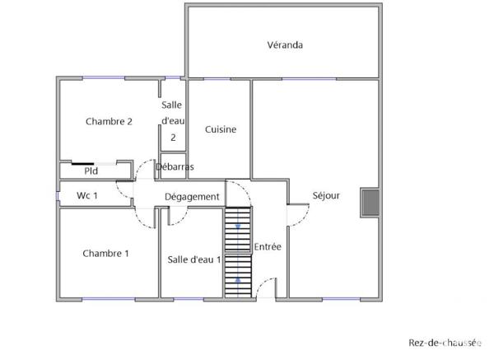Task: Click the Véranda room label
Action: [x=285, y=45]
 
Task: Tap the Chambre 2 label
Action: [x=109, y=122]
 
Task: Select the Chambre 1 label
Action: [x=105, y=254]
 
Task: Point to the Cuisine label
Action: [x=221, y=129]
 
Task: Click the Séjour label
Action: [x=326, y=196]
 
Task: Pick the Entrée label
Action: [x=268, y=246]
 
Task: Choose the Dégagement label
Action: [x=192, y=197]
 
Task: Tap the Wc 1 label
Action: [x=87, y=196]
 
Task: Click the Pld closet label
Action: [x=91, y=171]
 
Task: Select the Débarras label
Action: [x=175, y=167]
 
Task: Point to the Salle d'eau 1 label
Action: [x=194, y=259]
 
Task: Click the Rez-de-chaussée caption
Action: [x=445, y=343]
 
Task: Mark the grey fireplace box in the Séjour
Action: [x=370, y=203]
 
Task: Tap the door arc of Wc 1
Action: [x=123, y=191]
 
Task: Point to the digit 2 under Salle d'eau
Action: [x=173, y=138]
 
